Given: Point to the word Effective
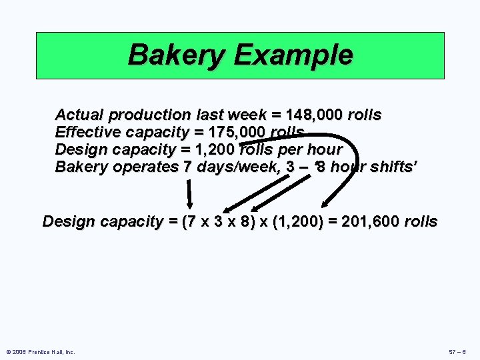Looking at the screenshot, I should (x=84, y=132).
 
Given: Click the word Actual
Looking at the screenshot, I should (x=77, y=115).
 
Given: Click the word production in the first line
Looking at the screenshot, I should (x=152, y=115).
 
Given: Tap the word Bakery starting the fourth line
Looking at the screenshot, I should (x=81, y=167).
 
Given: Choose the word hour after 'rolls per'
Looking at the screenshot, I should (x=324, y=149).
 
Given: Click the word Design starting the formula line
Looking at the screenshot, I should (x=69, y=221).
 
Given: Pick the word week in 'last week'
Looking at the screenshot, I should (x=249, y=115).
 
